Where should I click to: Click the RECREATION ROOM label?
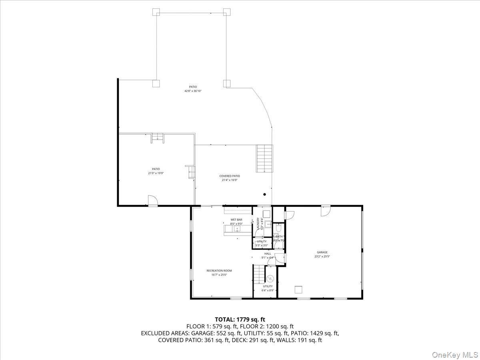219,271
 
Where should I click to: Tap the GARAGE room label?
322,252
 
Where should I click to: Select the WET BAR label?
236,220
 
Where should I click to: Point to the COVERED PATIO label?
230,176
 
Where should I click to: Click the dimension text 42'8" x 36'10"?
193,91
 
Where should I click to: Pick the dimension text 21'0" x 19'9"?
156,173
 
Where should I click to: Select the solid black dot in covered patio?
264,195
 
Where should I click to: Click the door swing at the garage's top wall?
326,210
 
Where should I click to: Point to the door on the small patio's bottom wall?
152,201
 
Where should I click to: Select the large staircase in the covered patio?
264,158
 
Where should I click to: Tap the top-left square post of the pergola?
156,12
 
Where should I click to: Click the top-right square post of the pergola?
227,12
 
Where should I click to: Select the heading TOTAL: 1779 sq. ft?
240,319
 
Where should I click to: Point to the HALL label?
268,254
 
